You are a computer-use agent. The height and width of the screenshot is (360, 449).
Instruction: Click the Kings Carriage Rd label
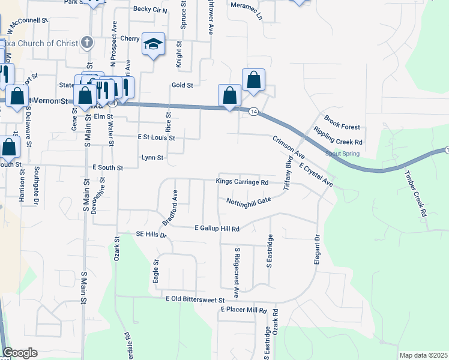(241, 182)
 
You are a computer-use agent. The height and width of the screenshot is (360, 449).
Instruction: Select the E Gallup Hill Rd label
(217, 229)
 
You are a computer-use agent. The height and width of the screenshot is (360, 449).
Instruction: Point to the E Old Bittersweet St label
(195, 299)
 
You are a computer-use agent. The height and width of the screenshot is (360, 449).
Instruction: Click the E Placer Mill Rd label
(243, 310)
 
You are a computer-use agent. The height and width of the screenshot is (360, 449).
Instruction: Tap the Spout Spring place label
(343, 154)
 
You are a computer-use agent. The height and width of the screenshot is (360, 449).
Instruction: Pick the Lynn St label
(152, 158)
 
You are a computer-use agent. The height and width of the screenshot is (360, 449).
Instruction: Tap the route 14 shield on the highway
(254, 112)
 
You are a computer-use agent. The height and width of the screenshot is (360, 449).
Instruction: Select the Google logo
(20, 353)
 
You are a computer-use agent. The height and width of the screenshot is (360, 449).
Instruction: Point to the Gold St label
(181, 86)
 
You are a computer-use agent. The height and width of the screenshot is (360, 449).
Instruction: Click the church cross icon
(88, 42)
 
